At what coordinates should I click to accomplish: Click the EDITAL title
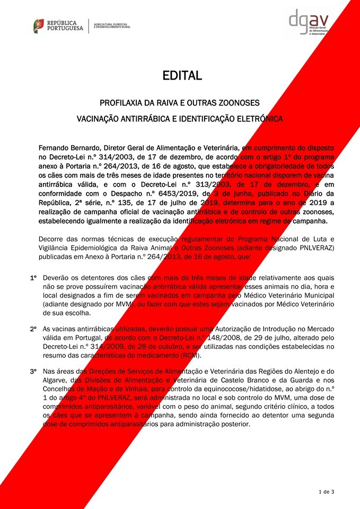click(x=182, y=76)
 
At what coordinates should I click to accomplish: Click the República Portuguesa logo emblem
click(x=39, y=25)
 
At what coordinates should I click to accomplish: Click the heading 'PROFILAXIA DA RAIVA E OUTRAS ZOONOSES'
click(x=180, y=102)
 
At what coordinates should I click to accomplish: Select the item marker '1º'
click(x=33, y=277)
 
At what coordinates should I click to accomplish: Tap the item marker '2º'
click(x=33, y=329)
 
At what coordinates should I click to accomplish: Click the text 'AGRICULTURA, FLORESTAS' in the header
click(x=112, y=24)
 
